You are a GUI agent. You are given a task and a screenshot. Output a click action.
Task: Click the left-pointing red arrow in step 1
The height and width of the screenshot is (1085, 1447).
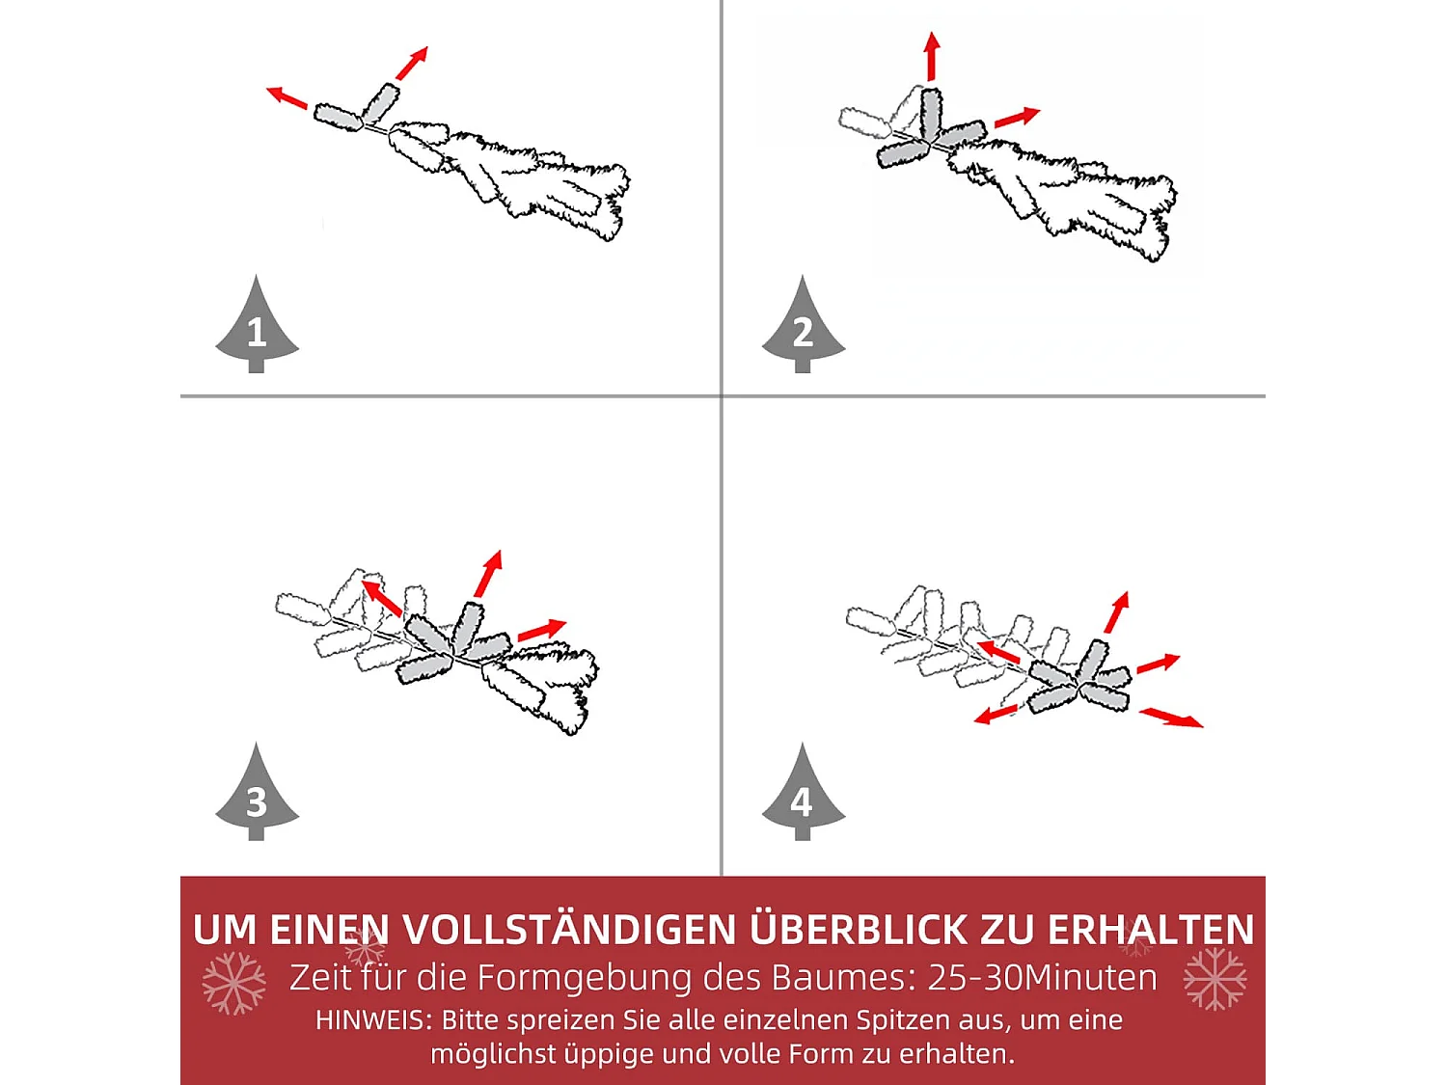pos(287,97)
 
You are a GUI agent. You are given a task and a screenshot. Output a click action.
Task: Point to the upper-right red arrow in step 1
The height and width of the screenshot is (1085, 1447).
pos(412,63)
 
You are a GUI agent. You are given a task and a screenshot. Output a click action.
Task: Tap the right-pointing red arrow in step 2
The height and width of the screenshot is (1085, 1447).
pos(1017,118)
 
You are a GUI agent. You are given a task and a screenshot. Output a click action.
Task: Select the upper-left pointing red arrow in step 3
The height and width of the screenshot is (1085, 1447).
pos(381,597)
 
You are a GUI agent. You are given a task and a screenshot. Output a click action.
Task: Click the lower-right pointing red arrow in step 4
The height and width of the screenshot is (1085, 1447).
pos(1171,718)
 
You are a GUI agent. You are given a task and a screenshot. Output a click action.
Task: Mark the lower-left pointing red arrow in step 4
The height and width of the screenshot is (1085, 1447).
pos(997,714)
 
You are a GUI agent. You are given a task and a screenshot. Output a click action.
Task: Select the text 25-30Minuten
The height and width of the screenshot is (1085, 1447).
pos(1042,977)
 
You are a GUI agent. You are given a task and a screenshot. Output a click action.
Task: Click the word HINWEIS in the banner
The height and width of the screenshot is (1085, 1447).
pos(372,1020)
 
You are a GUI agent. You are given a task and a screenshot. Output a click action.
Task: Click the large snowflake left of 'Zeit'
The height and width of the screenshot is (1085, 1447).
pos(233,983)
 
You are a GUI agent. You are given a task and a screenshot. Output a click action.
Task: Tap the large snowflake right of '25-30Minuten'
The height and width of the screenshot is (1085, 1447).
pos(1215,978)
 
